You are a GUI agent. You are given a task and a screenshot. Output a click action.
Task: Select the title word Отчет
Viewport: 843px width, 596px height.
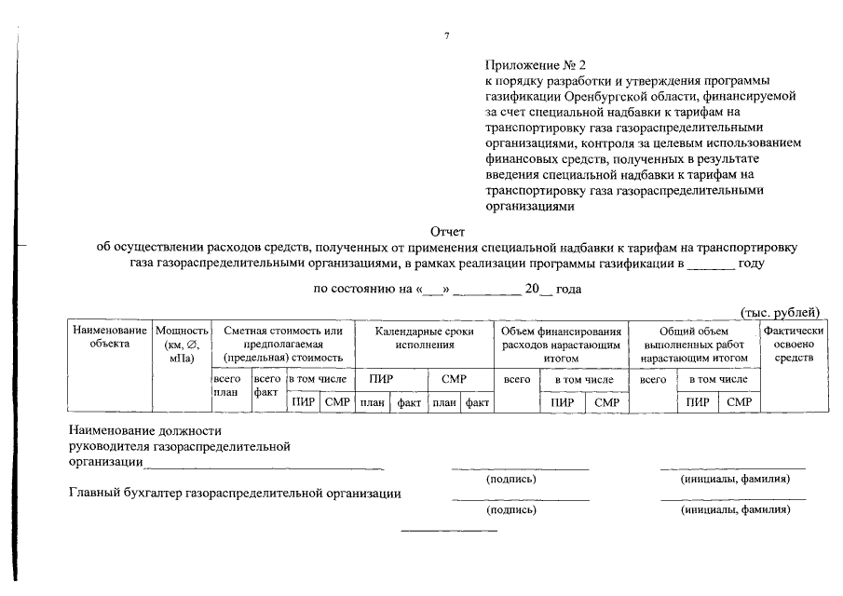point(447,231)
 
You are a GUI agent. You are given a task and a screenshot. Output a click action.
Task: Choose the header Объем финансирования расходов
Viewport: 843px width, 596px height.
point(560,344)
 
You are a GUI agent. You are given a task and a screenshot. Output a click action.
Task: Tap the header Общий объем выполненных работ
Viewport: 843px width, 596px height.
point(694,344)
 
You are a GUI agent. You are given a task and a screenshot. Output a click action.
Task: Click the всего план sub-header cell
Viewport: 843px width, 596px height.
point(227,386)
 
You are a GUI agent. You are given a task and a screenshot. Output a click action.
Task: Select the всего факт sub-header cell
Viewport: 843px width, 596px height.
point(266,386)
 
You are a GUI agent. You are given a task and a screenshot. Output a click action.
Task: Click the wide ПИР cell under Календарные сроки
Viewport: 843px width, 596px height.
point(380,380)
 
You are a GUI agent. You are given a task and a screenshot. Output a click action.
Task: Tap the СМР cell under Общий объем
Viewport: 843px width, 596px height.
point(739,402)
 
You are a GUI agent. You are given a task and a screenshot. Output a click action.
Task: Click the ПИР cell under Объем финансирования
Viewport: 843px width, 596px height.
point(562,402)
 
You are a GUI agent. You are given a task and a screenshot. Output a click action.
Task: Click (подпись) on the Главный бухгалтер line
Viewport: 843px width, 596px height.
point(510,510)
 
